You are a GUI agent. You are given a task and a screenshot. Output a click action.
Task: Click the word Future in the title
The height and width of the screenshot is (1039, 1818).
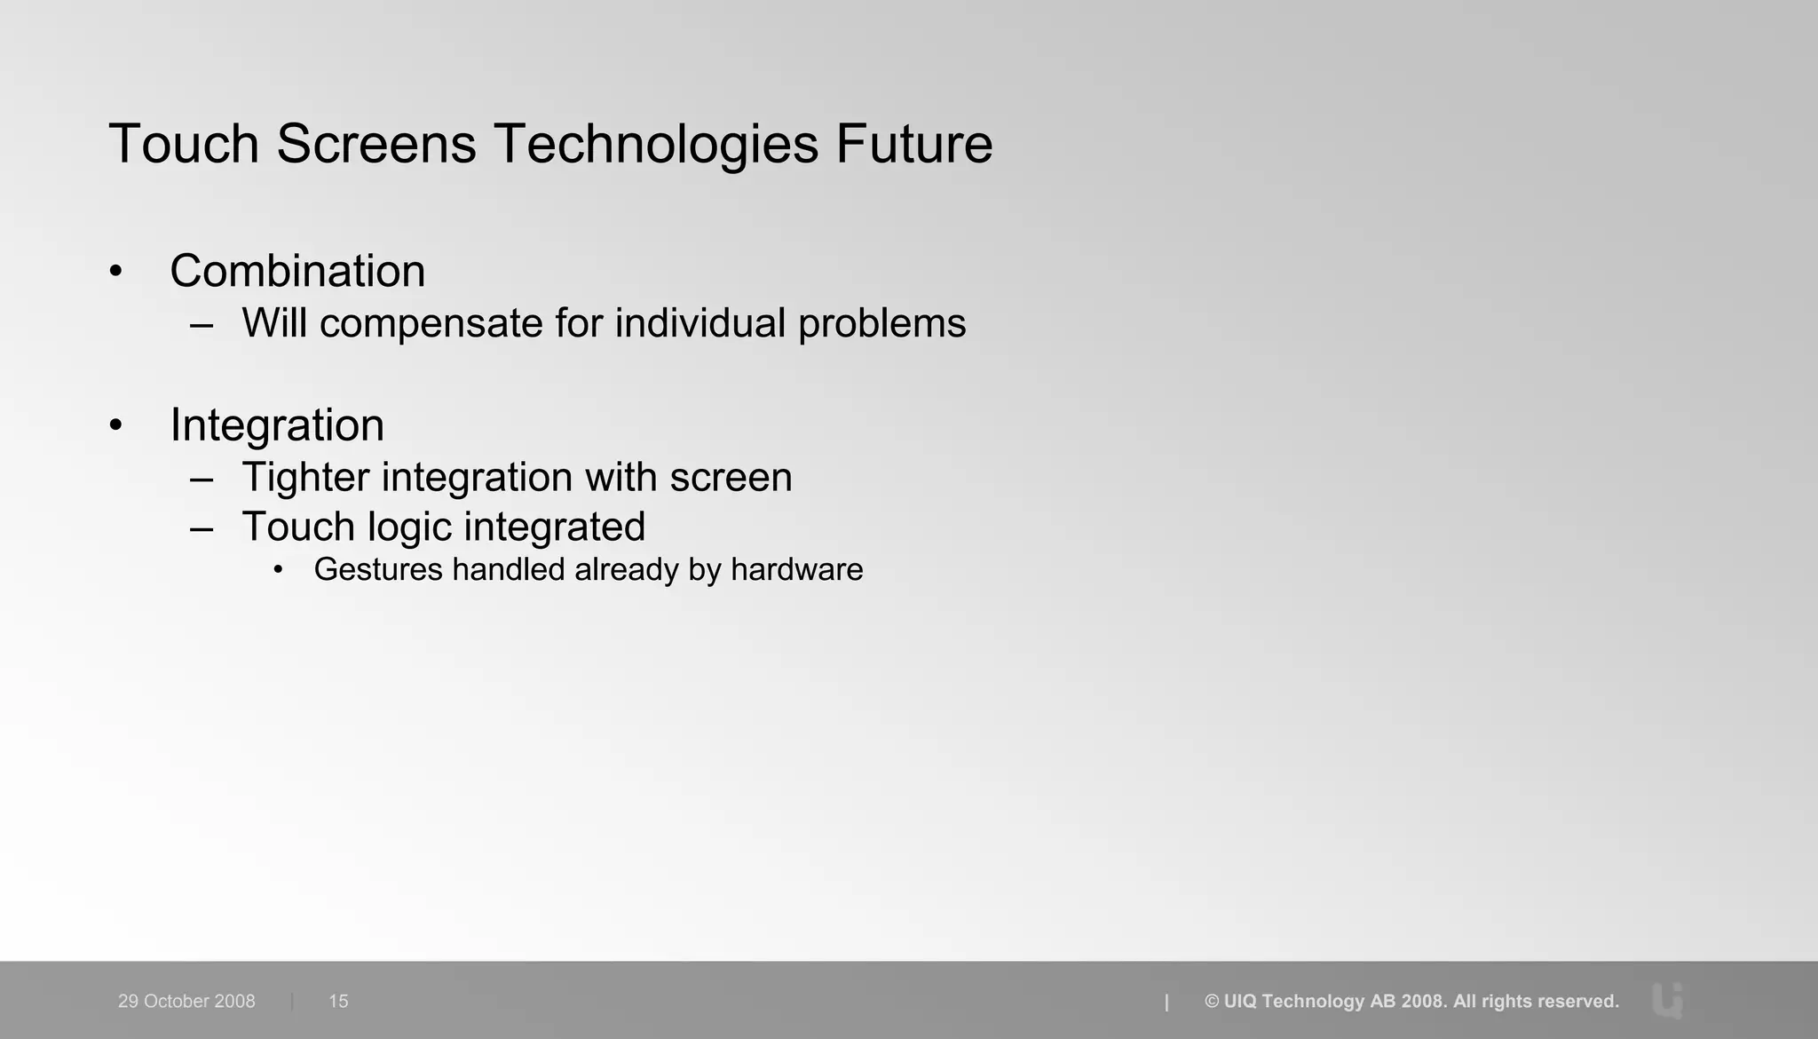coord(913,144)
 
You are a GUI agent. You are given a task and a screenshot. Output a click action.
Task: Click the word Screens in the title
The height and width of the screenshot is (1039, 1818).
coord(376,144)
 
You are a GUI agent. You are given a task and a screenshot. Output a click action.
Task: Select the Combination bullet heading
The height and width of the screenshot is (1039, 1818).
coord(297,271)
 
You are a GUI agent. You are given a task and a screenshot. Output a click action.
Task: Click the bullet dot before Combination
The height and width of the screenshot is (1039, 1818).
coord(115,272)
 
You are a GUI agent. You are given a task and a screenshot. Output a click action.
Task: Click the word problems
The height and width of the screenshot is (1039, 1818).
coord(881,324)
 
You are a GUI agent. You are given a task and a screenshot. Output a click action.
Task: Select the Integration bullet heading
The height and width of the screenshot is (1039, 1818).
coord(277,425)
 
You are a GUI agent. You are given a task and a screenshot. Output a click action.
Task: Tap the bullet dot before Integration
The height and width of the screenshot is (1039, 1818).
coord(115,426)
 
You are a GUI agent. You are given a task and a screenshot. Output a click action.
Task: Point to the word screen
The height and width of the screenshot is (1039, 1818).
coord(731,478)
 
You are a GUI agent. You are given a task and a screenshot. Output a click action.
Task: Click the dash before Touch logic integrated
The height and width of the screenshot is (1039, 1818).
coord(202,528)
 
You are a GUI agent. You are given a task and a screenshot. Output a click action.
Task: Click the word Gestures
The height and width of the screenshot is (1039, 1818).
coord(378,569)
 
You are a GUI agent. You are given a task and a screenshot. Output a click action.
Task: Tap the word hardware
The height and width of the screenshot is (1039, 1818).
coord(796,569)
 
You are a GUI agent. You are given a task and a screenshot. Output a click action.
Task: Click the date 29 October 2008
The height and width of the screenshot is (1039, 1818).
coord(186,1001)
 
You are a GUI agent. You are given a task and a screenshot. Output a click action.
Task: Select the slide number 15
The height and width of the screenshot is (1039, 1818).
coord(338,1001)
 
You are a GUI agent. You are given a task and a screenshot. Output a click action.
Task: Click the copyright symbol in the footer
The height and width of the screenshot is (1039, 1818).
coord(1212,1002)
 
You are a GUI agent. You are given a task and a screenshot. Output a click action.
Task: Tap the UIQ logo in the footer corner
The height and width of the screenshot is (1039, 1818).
coord(1668,1001)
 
